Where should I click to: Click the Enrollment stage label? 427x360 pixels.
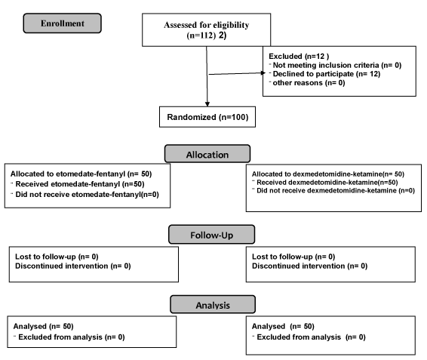tap(63, 23)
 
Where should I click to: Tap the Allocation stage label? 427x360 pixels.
tap(207, 154)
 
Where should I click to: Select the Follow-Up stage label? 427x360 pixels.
tap(211, 235)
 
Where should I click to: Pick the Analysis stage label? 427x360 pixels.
tap(213, 304)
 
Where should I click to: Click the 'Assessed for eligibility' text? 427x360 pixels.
tap(207, 25)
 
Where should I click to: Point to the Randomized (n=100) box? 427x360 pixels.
tap(207, 117)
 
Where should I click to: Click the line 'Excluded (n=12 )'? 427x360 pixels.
tap(299, 56)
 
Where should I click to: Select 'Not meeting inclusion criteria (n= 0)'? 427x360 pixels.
tap(337, 65)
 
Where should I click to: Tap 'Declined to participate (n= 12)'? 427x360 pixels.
tap(327, 74)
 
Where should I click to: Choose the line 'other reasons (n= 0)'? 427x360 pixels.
tap(309, 82)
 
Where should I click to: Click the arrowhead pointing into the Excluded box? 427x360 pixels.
tap(263, 72)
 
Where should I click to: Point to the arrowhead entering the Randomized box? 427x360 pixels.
tap(207, 104)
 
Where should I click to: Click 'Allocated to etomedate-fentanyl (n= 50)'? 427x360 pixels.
tap(81, 174)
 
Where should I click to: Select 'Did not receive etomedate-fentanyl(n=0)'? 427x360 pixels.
tap(88, 195)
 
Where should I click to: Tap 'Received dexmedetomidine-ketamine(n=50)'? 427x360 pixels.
tap(327, 183)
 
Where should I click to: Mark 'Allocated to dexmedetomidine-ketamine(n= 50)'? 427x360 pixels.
tap(328, 174)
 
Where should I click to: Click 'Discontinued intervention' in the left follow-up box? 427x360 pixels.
tap(62, 266)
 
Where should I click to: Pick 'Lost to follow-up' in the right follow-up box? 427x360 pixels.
tap(282, 257)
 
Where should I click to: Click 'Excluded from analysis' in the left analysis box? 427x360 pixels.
tap(60, 337)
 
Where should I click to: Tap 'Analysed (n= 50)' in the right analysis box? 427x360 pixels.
tap(283, 326)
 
